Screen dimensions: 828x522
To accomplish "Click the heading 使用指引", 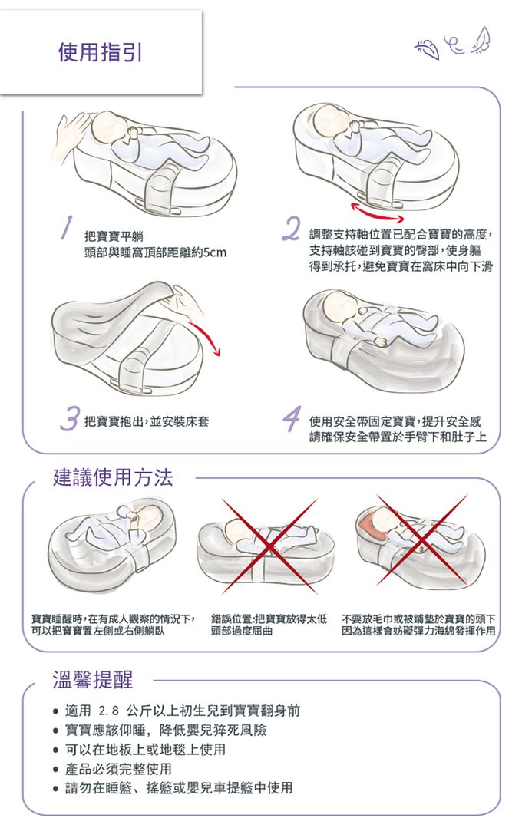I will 100,52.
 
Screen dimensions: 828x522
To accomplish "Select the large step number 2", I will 291,228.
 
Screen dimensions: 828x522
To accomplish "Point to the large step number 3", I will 69,419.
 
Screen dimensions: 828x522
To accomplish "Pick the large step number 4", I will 291,419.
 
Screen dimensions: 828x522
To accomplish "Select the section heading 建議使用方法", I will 112,477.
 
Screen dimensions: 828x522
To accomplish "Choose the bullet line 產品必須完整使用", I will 119,768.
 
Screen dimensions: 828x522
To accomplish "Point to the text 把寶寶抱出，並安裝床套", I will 147,421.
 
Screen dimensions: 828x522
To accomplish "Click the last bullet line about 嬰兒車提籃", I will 179,787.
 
